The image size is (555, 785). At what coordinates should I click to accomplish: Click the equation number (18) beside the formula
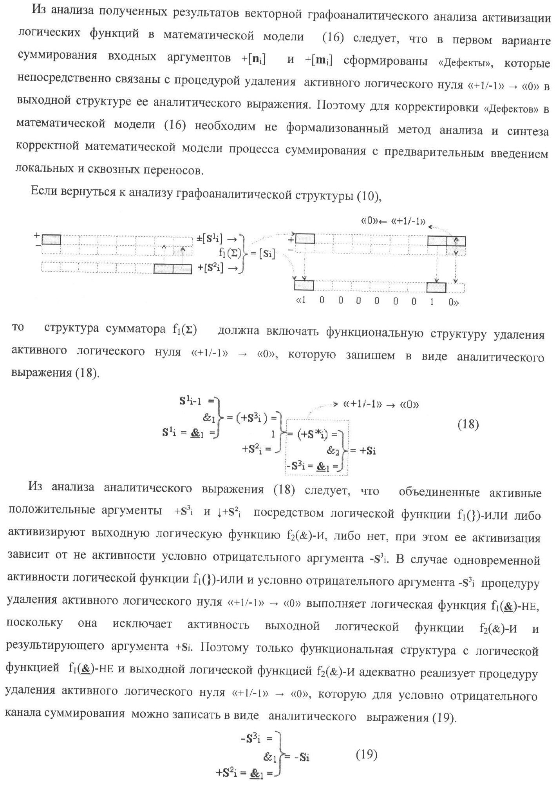tap(468, 424)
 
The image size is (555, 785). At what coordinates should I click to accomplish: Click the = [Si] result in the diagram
tap(262, 254)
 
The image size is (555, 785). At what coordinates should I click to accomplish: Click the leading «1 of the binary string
tap(301, 301)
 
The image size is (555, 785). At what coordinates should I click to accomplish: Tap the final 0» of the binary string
tap(454, 302)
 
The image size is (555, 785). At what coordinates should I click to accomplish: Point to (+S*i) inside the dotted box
tap(317, 434)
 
